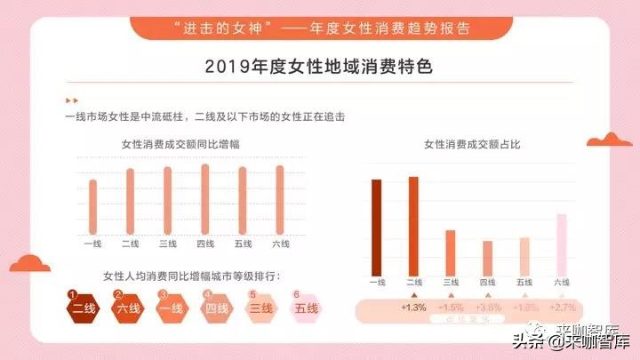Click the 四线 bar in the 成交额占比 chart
coord(487,257)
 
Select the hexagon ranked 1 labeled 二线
coord(84,308)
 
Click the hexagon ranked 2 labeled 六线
coord(127,308)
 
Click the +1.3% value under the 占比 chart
coord(414,308)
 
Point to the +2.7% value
coord(563,308)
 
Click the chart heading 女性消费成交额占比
coord(471,143)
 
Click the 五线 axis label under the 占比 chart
coord(524,282)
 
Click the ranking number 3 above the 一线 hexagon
coord(163,293)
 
